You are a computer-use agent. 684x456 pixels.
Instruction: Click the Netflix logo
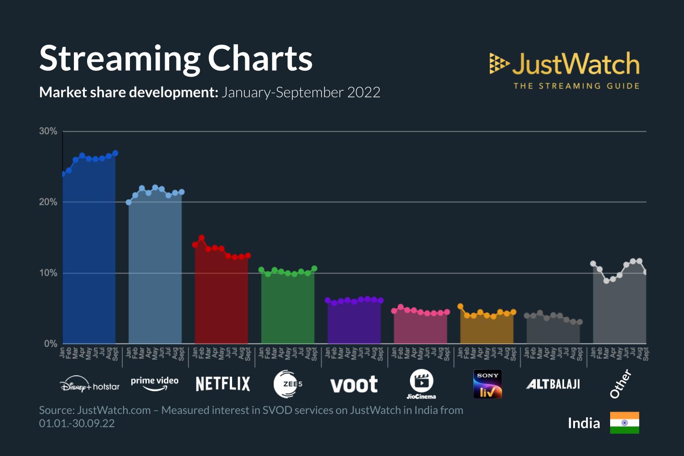pyautogui.click(x=223, y=384)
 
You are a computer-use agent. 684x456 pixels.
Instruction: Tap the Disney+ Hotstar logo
pyautogui.click(x=89, y=384)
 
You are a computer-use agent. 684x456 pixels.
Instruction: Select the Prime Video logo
pyautogui.click(x=155, y=383)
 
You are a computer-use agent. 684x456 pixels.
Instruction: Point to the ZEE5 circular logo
pyautogui.click(x=287, y=384)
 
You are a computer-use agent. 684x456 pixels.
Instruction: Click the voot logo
pyautogui.click(x=354, y=385)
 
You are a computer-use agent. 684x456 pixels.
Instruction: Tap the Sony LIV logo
pyautogui.click(x=487, y=384)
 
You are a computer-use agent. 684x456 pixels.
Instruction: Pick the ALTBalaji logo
pyautogui.click(x=553, y=384)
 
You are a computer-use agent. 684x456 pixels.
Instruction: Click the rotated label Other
pyautogui.click(x=621, y=383)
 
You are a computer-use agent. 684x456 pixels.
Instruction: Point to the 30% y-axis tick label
pyautogui.click(x=48, y=131)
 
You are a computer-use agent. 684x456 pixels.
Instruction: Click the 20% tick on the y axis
pyautogui.click(x=48, y=202)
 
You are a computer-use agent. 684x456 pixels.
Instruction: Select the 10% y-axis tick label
pyautogui.click(x=48, y=273)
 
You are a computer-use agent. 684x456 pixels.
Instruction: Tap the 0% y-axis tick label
pyautogui.click(x=50, y=344)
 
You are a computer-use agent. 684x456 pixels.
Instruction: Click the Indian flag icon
pyautogui.click(x=624, y=423)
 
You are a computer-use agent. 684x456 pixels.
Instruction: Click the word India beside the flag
pyautogui.click(x=584, y=423)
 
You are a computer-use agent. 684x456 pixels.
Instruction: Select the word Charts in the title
pyautogui.click(x=260, y=59)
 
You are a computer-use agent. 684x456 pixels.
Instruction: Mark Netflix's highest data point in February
pyautogui.click(x=202, y=238)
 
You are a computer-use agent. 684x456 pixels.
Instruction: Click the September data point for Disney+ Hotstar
pyautogui.click(x=115, y=153)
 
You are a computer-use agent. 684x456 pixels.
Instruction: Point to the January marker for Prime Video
pyautogui.click(x=129, y=202)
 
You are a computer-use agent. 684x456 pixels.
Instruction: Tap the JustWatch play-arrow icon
pyautogui.click(x=498, y=63)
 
